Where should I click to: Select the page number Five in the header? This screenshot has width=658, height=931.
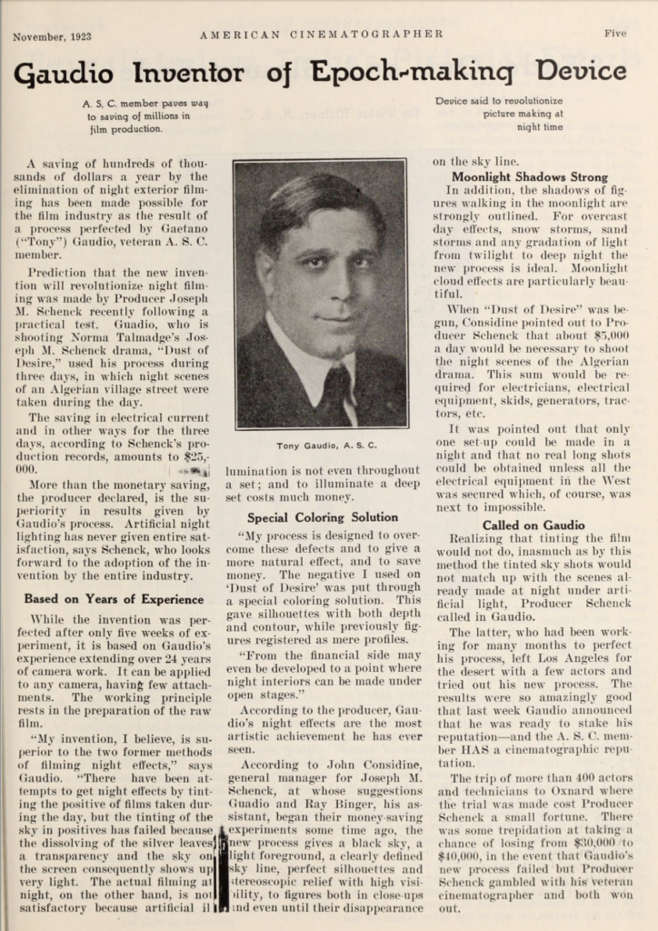[614, 35]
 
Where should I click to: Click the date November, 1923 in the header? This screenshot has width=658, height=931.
[51, 36]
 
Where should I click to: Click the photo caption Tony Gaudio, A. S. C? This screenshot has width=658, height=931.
[319, 445]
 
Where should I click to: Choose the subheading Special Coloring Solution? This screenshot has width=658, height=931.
[322, 517]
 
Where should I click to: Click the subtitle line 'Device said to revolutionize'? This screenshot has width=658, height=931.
[499, 102]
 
